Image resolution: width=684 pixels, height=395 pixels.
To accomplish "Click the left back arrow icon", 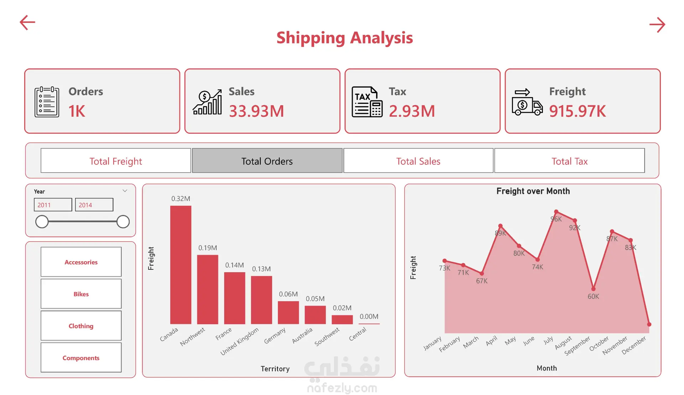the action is tap(27, 22).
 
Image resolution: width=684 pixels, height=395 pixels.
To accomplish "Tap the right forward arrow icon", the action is tap(657, 25).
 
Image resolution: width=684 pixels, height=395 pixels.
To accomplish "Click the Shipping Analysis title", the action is tap(344, 38).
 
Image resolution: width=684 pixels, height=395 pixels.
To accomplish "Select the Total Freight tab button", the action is tap(116, 161).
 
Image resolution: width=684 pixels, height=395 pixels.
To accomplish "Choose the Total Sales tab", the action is tap(418, 161).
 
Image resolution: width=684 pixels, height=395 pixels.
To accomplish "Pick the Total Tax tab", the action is tap(569, 161).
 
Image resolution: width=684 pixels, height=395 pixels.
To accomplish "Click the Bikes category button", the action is tap(81, 294).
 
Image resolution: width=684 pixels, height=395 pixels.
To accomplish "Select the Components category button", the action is tap(81, 358).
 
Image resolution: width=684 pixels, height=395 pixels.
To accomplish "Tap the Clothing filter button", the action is tap(81, 326).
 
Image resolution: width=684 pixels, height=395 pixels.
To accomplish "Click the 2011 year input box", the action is tap(53, 205).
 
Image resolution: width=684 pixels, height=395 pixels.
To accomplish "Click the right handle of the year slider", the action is tap(123, 222).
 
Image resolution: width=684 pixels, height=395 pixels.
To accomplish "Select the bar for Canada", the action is tap(181, 265).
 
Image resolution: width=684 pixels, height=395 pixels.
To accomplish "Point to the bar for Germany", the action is tap(288, 312).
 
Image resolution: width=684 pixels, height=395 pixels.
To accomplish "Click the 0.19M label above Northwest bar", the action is tap(208, 248).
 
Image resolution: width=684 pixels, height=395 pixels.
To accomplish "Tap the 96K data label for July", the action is tap(556, 219).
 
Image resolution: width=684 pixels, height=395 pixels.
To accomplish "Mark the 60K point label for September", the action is tap(593, 296).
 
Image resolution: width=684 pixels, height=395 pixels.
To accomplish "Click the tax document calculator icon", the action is tap(367, 102).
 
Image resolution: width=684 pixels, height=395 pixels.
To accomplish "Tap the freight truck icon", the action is tap(527, 102).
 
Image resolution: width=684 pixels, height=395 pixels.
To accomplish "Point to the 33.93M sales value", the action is tap(256, 111).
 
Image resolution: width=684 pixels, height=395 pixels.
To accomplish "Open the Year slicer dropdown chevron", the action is tap(125, 191).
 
